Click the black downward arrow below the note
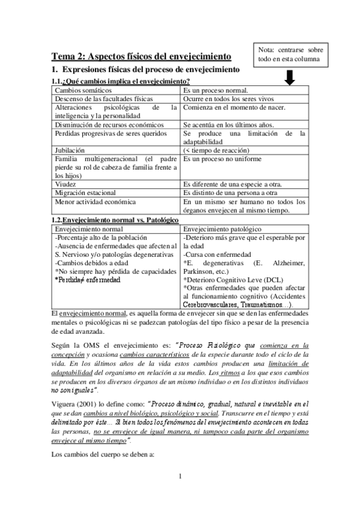pyautogui.click(x=290, y=78)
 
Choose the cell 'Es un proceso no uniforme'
pyautogui.click(x=224, y=159)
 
